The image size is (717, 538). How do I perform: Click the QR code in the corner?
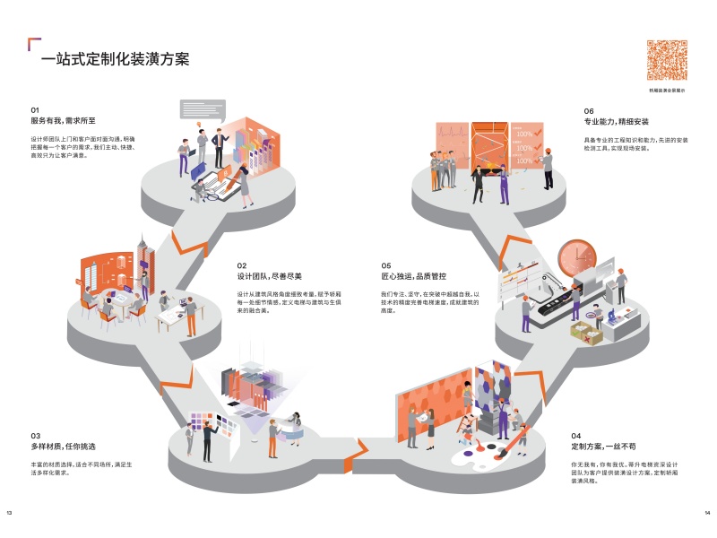coord(667,61)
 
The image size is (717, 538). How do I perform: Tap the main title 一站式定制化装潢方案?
coord(115,60)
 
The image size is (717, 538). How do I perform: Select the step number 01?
coord(36,109)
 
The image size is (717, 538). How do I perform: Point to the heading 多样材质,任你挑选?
coord(64,446)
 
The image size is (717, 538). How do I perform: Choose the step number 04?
coord(576,435)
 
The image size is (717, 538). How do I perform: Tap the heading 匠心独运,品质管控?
coord(413,276)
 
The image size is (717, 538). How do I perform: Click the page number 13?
coord(9,513)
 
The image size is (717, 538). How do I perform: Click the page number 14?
coord(706,513)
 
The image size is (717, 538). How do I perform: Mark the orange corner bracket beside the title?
coord(34,43)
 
